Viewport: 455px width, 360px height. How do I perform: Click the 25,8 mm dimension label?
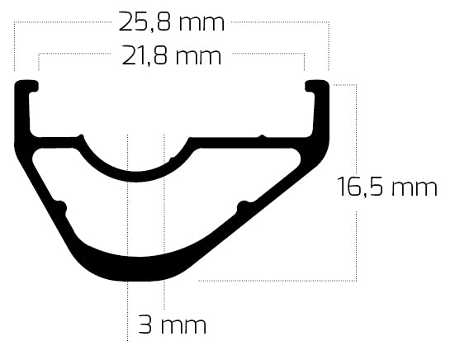171,22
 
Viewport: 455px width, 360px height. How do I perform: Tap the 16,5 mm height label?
386,188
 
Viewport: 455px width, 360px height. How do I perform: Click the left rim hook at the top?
27,85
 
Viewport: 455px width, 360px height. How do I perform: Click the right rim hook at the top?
318,85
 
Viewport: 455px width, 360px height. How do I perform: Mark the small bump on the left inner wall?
59,203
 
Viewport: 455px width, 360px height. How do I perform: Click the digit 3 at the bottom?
145,324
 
